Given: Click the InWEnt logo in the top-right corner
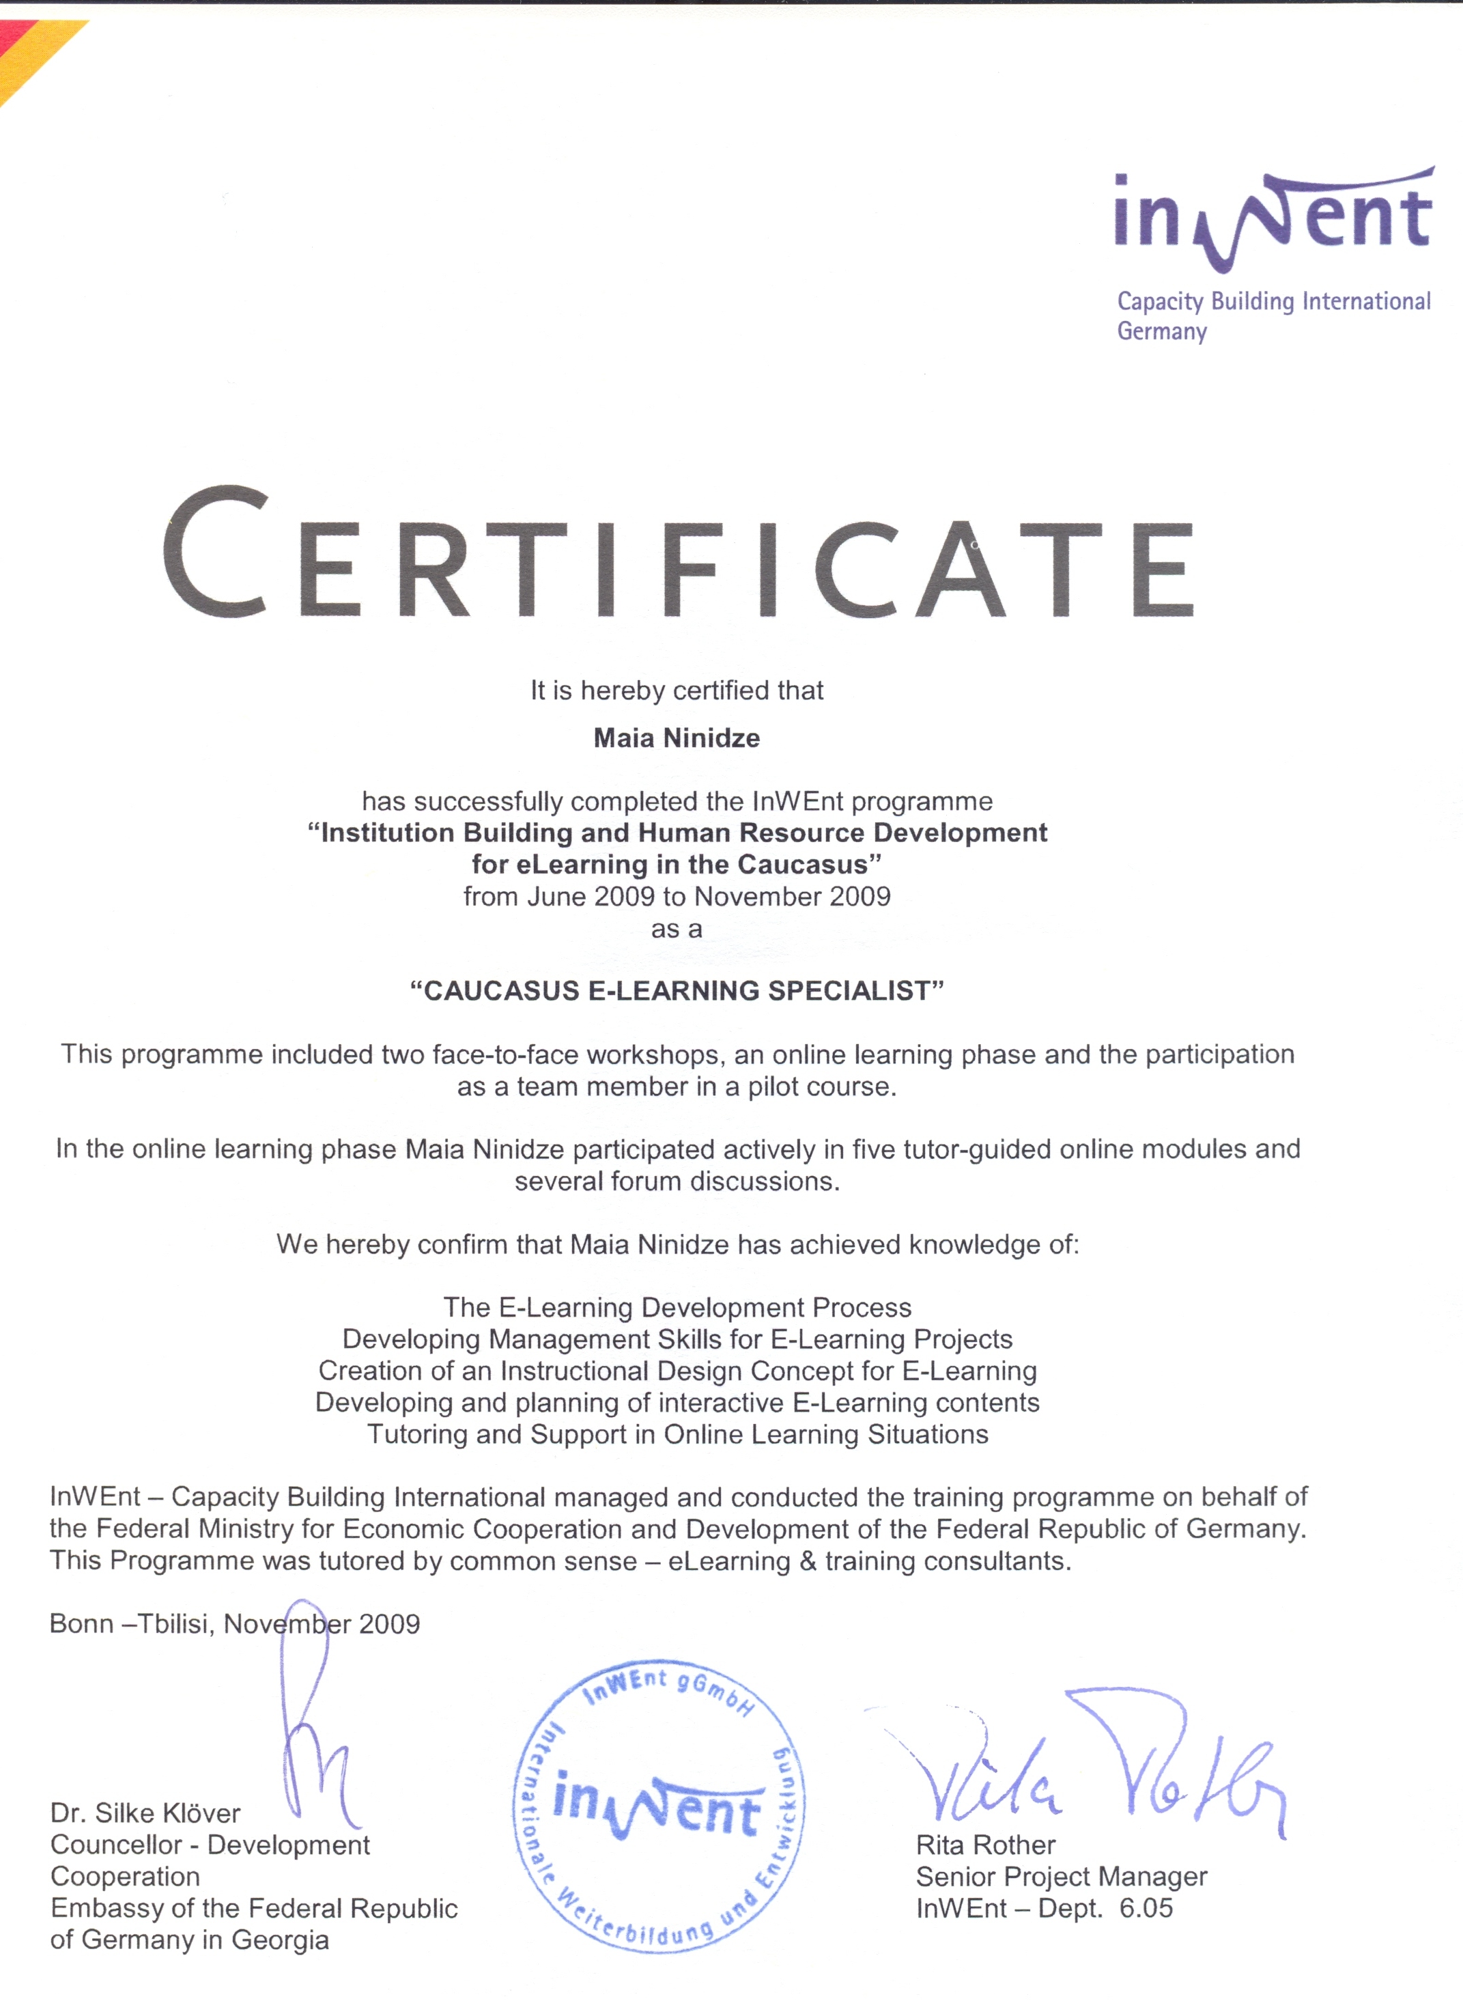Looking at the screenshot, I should [x=1273, y=220].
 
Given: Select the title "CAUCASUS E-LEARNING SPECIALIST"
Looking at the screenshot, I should [x=677, y=990].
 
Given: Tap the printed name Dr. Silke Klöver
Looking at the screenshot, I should [x=145, y=1813].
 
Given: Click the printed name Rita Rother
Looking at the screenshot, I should [x=986, y=1845].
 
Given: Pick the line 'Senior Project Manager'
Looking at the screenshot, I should [x=1061, y=1876].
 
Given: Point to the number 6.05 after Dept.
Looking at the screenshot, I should [x=1146, y=1908].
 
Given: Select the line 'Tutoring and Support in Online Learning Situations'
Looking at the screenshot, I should [x=677, y=1434].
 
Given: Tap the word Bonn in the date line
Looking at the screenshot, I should [x=81, y=1623].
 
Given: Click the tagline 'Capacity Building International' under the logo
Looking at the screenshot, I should [x=1273, y=301].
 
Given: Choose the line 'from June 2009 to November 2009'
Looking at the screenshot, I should [x=677, y=897].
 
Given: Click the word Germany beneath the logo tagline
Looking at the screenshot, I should [x=1162, y=331].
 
